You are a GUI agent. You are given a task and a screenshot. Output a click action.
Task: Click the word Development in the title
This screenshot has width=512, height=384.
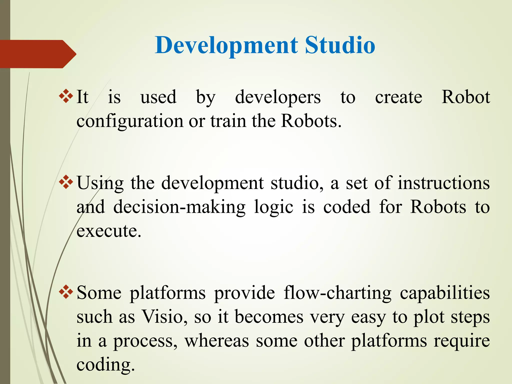click(226, 45)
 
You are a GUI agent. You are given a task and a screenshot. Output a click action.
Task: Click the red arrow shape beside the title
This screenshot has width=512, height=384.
click(37, 54)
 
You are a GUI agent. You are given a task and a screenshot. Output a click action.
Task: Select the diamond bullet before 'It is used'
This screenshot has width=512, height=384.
click(66, 96)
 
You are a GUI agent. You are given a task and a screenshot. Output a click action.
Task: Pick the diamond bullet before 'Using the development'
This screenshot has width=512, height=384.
click(66, 182)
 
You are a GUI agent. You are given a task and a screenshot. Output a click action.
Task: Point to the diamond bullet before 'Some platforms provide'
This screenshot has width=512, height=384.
click(66, 292)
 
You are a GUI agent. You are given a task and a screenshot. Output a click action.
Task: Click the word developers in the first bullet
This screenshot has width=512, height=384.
click(278, 97)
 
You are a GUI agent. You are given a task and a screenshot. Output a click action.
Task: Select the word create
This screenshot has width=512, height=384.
click(398, 97)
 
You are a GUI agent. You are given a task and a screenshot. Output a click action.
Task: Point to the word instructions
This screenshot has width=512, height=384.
click(443, 183)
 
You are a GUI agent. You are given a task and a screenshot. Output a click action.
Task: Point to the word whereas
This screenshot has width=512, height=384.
click(216, 340)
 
